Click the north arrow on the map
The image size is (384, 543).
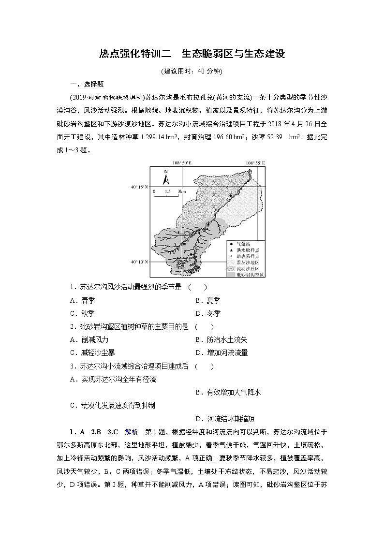(165, 178)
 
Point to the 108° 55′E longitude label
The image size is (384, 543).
(255, 164)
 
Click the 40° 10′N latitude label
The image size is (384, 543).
(139, 262)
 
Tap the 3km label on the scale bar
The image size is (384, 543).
(182, 192)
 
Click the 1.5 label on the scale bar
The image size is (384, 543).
(167, 192)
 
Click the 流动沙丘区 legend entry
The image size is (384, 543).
(246, 268)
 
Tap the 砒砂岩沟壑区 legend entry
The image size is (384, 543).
(246, 274)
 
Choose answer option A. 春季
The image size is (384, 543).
(82, 300)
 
